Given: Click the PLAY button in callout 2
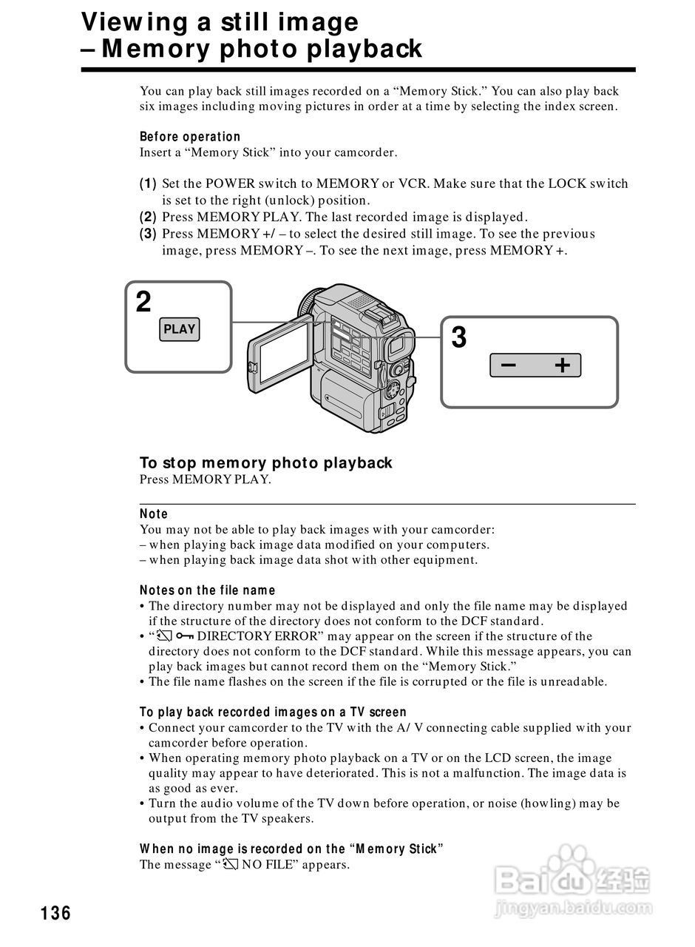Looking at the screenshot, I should [179, 329].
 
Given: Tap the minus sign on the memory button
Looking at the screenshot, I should [509, 365].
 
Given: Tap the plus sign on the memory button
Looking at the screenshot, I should [563, 365].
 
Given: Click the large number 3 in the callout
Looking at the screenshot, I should [459, 338].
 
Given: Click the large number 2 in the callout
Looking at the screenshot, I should [143, 302].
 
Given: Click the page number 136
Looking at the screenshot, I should [56, 913].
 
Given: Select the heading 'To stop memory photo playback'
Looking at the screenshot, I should [266, 463].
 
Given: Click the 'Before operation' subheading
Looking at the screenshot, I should [190, 137].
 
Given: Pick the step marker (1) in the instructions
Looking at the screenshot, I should [148, 183].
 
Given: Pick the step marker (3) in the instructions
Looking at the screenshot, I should [148, 234].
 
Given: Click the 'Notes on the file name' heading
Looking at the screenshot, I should [207, 590].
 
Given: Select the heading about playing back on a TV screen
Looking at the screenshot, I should [273, 712].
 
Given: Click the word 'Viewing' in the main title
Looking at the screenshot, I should [126, 21].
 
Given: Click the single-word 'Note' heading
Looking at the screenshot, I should [154, 514].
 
